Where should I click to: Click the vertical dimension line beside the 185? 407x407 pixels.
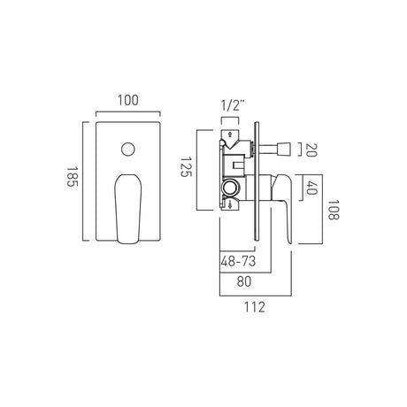85,176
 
